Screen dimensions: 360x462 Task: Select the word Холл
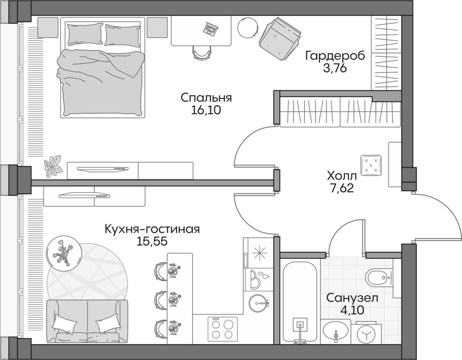(342, 175)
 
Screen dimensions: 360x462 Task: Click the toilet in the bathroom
(381, 276)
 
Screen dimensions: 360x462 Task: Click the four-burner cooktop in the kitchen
(222, 329)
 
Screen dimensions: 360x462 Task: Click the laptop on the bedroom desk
(210, 29)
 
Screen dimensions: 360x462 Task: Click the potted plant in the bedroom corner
(53, 165)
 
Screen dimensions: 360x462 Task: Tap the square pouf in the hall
(371, 165)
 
